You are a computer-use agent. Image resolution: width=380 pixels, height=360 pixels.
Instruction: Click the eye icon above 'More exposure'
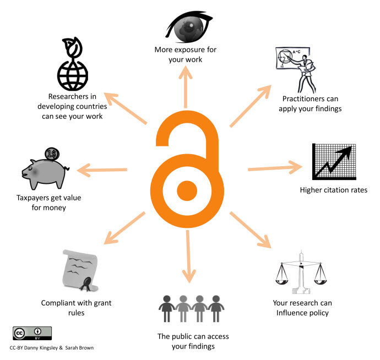click(x=191, y=28)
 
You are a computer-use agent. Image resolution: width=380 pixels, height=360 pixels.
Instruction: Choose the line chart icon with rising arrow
click(x=333, y=161)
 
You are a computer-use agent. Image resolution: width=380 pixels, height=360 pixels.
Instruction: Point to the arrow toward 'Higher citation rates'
click(x=275, y=167)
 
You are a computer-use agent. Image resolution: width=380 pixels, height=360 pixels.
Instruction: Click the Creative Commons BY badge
click(x=32, y=333)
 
